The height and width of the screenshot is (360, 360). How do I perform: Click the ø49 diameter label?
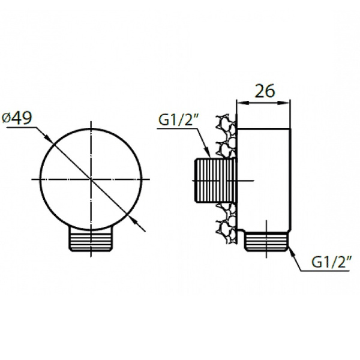17,118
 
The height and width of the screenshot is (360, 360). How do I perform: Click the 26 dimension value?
265,91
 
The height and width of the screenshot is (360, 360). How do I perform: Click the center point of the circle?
91,179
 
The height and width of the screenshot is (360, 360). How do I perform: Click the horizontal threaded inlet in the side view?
214,180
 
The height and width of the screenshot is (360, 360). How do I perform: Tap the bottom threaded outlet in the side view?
267,242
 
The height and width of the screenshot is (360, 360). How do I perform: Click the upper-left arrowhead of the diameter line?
50,139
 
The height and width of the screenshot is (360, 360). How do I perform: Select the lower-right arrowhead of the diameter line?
133,220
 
